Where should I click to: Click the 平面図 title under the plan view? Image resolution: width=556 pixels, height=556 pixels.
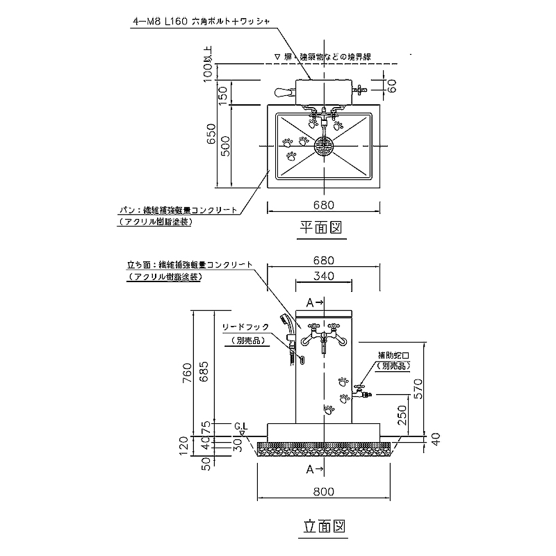323,227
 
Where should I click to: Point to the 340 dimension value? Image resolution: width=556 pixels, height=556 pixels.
324,276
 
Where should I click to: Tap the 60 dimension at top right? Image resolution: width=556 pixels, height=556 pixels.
392,86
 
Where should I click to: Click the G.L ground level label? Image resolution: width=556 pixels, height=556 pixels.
241,425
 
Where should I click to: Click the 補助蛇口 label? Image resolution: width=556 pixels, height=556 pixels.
393,355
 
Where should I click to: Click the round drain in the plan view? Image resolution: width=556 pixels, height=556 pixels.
324,146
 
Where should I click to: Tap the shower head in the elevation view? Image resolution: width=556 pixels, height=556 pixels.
284,321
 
